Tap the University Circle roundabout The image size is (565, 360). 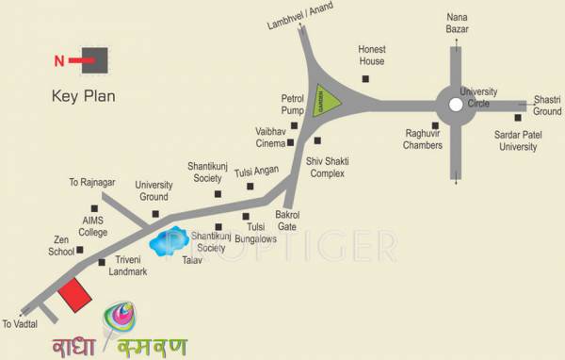pos(456,102)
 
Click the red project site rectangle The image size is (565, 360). pos(75,298)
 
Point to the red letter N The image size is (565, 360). pos(58,61)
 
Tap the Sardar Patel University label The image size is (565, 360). pos(521,140)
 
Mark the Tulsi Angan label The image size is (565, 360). pos(257,172)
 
